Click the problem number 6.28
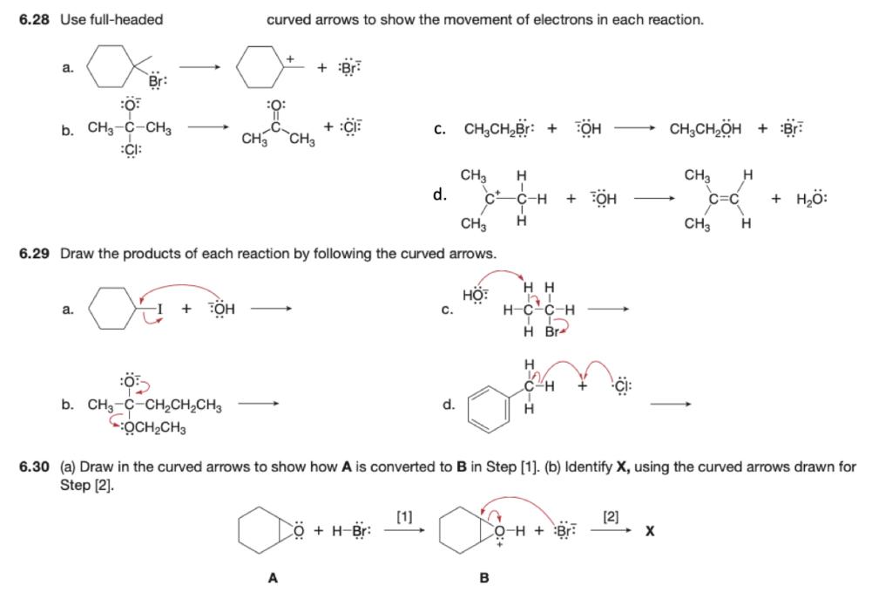coord(36,19)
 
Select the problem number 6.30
coord(36,467)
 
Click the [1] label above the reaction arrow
coord(404,515)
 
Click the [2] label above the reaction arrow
coord(611,515)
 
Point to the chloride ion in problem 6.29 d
coord(622,387)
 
